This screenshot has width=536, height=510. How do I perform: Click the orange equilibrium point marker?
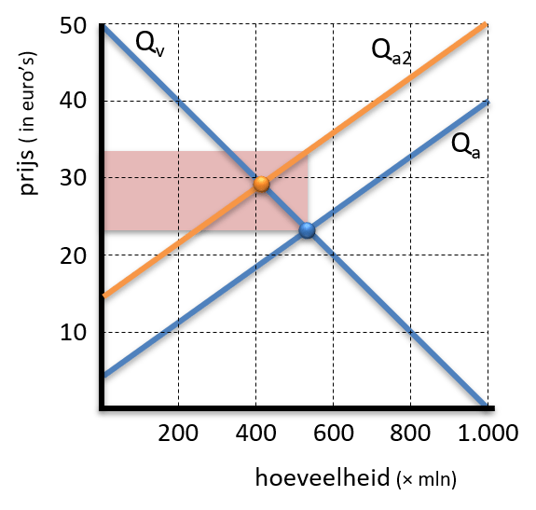262,185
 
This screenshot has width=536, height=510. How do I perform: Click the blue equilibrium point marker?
307,230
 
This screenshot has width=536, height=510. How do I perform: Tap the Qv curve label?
150,44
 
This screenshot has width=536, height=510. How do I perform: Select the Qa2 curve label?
392,51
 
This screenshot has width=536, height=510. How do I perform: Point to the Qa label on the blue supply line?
465,146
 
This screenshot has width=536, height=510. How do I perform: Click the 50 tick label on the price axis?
73,25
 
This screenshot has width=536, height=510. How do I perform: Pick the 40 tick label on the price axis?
73,101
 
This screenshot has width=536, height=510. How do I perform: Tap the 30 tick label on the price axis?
73,178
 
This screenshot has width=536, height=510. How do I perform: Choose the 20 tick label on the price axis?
73,256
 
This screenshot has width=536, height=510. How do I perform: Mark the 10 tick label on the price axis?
74,332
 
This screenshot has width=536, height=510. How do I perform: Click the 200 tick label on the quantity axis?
178,433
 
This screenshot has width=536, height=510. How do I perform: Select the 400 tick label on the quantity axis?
255,433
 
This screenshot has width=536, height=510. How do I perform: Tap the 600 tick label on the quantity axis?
334,433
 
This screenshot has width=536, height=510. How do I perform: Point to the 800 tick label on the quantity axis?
410,433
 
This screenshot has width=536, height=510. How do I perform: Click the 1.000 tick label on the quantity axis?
488,433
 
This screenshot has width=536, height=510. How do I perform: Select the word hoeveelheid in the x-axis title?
323,477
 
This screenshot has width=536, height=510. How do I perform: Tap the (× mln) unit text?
427,479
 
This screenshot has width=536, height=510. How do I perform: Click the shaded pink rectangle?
206,191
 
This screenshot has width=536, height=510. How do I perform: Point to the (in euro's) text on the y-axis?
27,97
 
